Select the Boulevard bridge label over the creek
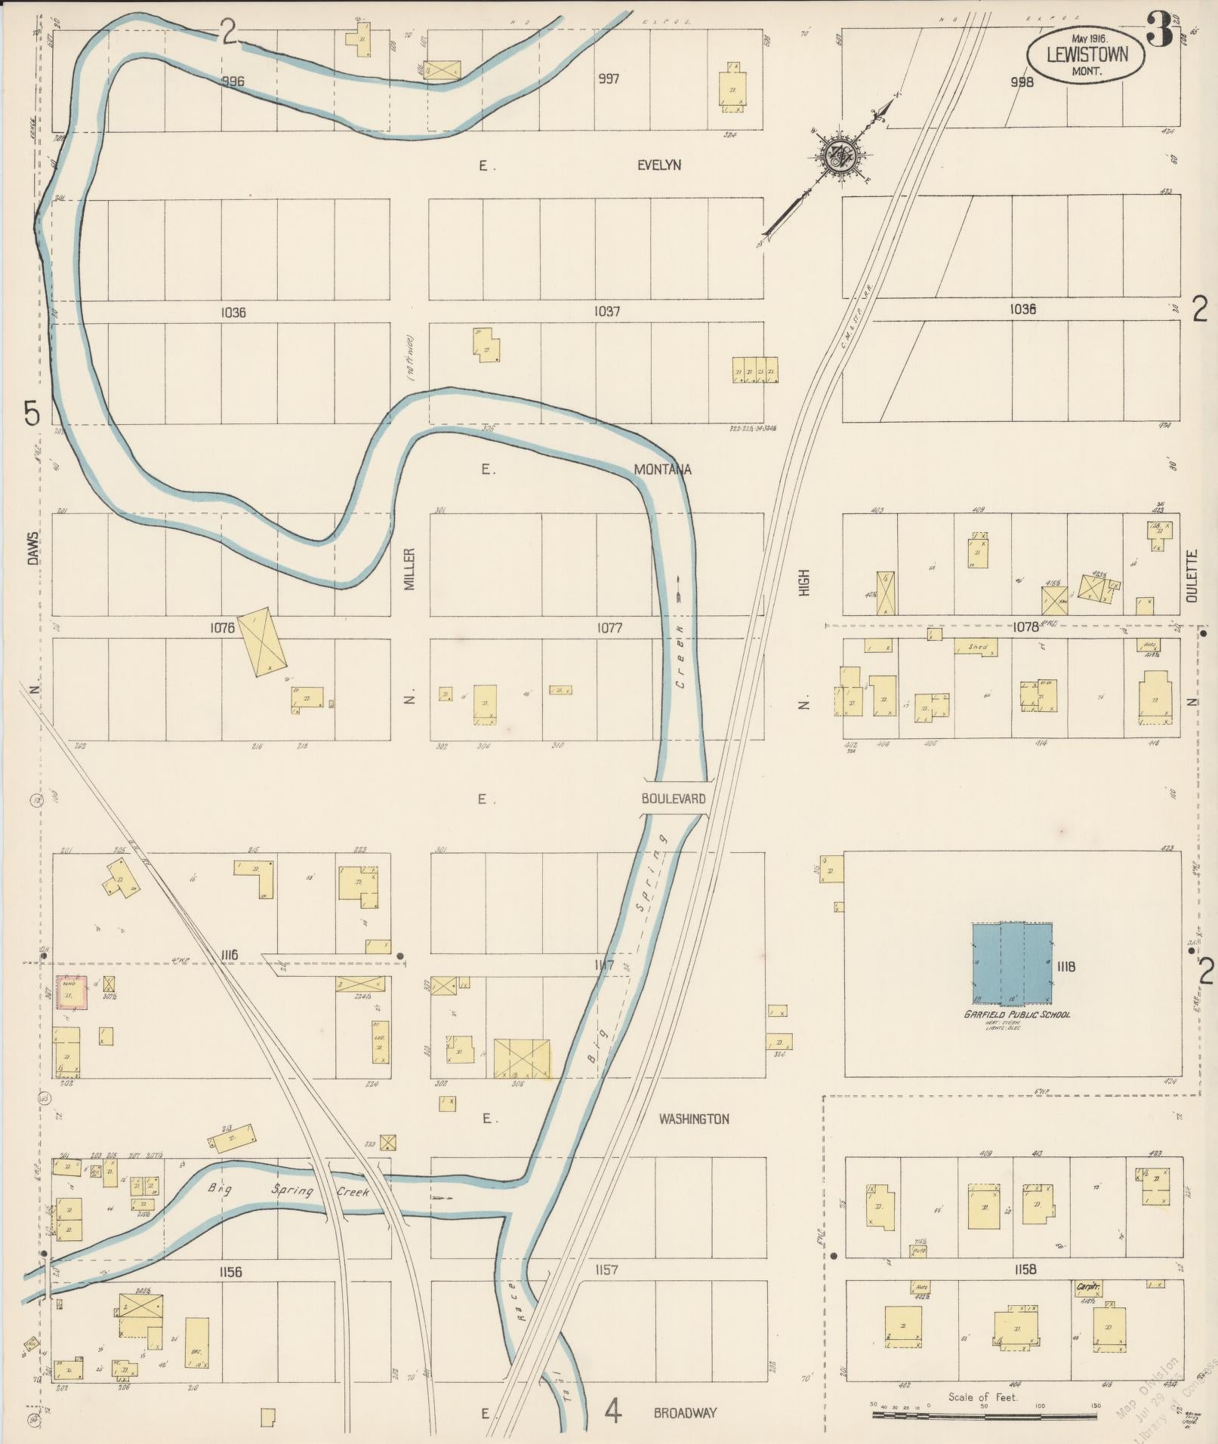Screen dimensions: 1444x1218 click(x=674, y=798)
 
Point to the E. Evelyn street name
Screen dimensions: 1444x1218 click(x=658, y=165)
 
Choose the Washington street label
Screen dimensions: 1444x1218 click(x=693, y=1119)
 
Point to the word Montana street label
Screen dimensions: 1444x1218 click(x=662, y=470)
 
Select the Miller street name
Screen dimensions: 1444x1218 click(x=410, y=569)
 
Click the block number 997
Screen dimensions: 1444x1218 click(x=608, y=79)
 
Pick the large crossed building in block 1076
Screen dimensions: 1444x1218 click(x=262, y=641)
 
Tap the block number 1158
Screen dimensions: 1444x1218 click(x=1025, y=1270)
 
